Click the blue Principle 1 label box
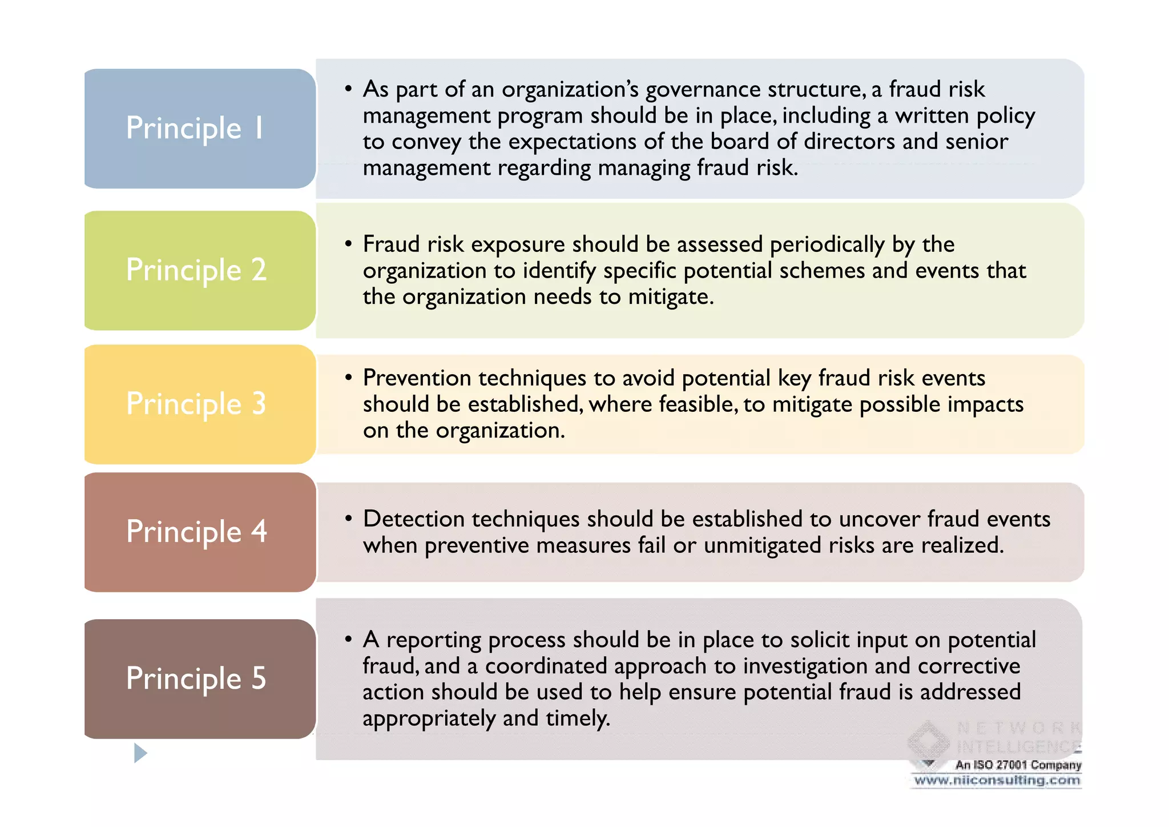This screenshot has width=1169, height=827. [199, 129]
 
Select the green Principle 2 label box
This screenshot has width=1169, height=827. [199, 270]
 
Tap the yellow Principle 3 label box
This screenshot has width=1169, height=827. [199, 404]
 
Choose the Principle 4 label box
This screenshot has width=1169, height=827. [199, 532]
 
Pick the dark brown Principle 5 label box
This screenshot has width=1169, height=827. [199, 679]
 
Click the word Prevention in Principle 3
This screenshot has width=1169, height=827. [417, 378]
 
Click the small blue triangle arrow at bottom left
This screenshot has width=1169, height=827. [140, 753]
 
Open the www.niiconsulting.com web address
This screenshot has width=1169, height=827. [997, 780]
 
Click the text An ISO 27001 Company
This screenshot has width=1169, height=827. [1018, 765]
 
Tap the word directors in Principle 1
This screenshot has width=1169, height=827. [849, 142]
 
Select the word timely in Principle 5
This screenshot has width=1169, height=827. [578, 718]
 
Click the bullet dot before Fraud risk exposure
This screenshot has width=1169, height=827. [348, 244]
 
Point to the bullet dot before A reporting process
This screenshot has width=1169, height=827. [348, 639]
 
